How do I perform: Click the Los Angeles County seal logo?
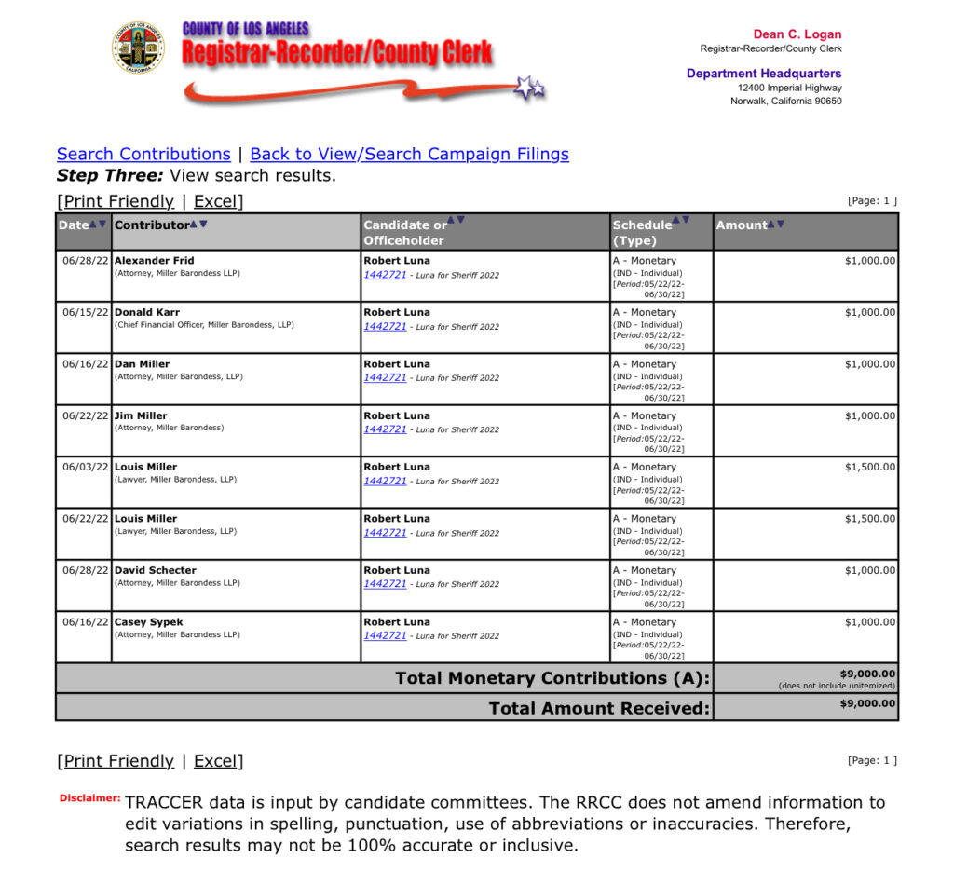138,48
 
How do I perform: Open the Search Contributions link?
143,155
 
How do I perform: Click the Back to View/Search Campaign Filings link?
409,155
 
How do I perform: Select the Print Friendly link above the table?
118,201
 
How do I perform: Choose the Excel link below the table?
215,761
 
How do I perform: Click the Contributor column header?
152,225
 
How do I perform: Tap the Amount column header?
742,225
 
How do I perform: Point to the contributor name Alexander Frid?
154,261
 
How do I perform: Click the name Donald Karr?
147,312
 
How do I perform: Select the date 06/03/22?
86,467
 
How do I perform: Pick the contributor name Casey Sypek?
149,622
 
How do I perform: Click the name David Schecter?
156,570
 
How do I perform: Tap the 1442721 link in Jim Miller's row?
385,429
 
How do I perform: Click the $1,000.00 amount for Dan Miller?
870,364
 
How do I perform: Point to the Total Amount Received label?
599,709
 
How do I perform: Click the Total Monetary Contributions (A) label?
552,678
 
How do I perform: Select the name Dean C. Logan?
797,34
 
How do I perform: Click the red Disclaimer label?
89,798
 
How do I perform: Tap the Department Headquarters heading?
764,74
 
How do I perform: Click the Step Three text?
110,176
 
